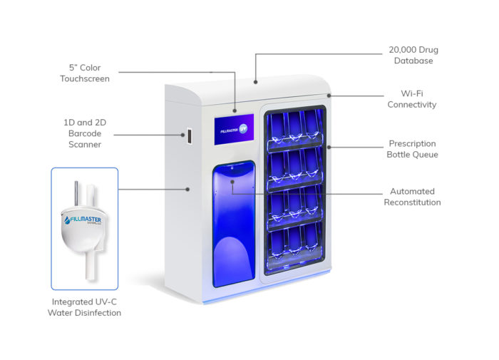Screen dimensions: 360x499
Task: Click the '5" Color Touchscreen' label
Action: [85, 73]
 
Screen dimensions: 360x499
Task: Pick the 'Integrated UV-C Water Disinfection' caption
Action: [85, 307]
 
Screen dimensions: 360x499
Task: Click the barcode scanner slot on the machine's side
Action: [190, 134]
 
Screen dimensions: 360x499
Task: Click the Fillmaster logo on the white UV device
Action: [81, 217]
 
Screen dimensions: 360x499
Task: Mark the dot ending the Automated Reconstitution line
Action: [232, 180]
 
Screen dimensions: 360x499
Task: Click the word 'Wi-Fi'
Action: [412, 93]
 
